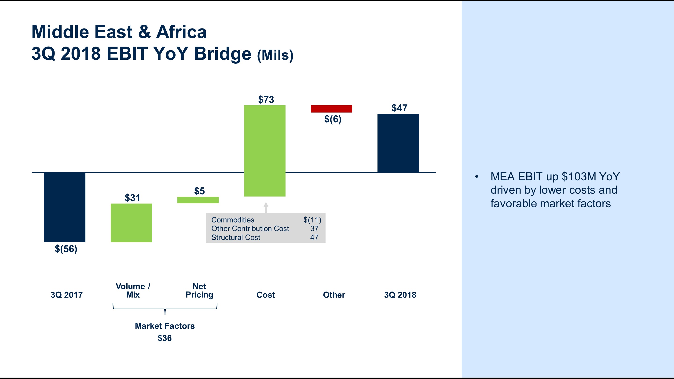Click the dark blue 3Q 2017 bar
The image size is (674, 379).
pyautogui.click(x=65, y=207)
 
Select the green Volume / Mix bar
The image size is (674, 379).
pyautogui.click(x=131, y=223)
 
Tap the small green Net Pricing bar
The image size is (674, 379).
pyautogui.click(x=198, y=200)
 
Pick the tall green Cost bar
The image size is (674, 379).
pyautogui.click(x=264, y=151)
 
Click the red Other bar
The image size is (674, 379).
pyautogui.click(x=331, y=109)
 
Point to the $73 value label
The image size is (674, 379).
pyautogui.click(x=266, y=100)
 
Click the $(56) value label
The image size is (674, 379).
pyautogui.click(x=66, y=249)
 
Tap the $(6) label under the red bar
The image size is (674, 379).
pyautogui.click(x=333, y=119)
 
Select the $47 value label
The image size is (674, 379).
pyautogui.click(x=399, y=108)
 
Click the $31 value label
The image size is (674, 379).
pyautogui.click(x=132, y=198)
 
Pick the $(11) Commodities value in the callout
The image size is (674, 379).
pyautogui.click(x=312, y=220)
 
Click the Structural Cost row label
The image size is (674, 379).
pyautogui.click(x=235, y=237)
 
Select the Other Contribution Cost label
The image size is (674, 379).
pyautogui.click(x=250, y=229)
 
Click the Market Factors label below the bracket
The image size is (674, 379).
pyautogui.click(x=165, y=326)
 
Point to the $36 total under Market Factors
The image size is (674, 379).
pyautogui.click(x=165, y=338)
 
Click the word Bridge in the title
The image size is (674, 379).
pyautogui.click(x=222, y=54)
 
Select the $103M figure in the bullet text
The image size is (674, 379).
pyautogui.click(x=579, y=177)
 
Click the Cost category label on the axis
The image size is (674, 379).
pyautogui.click(x=266, y=295)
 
